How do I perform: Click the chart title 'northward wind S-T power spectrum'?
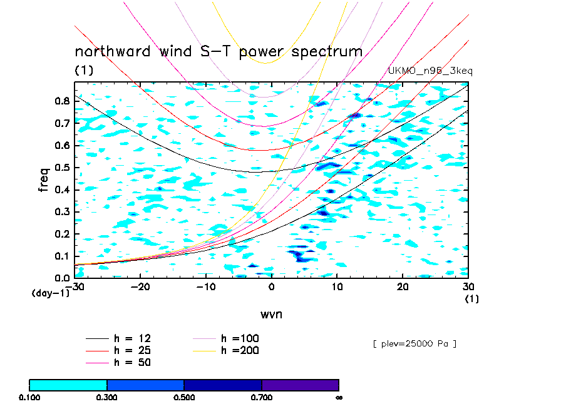(x=219, y=51)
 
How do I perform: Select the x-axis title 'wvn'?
(x=271, y=314)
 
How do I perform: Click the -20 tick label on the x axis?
(x=140, y=287)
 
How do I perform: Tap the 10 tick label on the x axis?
(x=337, y=287)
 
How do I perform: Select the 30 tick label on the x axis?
(x=468, y=287)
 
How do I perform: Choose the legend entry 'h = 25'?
(x=132, y=350)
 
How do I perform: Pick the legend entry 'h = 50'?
(x=132, y=362)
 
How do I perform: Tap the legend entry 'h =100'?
(x=240, y=338)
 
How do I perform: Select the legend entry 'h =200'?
(x=240, y=350)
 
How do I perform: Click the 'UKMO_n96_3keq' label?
(x=431, y=71)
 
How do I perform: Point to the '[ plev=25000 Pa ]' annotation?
(x=414, y=343)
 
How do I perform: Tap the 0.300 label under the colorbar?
(x=107, y=397)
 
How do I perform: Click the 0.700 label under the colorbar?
(x=262, y=397)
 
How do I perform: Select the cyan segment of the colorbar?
(x=68, y=385)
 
